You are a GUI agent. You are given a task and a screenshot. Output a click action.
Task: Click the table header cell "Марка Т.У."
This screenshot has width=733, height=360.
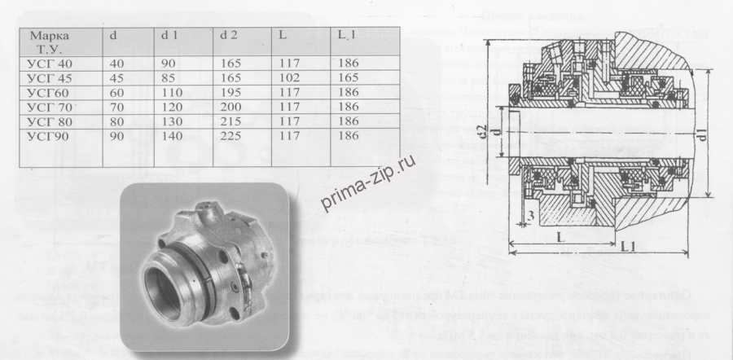tap(49, 43)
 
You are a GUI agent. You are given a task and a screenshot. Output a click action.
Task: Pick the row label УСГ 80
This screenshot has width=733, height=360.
tap(50, 120)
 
